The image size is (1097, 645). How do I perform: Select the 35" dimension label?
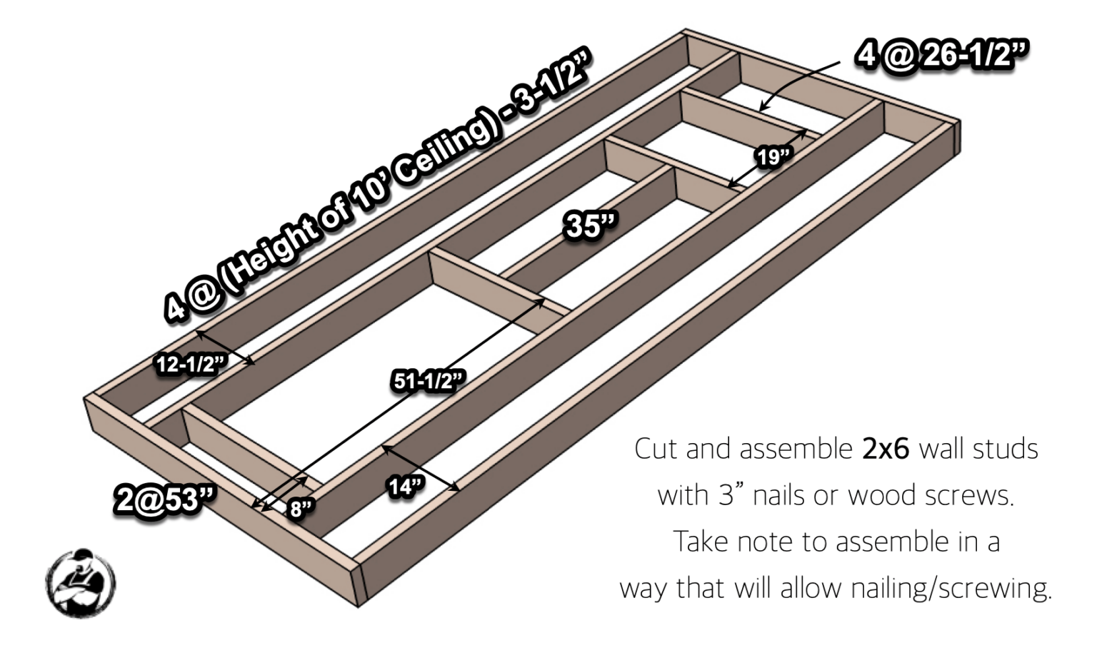590,225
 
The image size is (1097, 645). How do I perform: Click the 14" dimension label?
406,487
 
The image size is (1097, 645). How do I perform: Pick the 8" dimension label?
301,509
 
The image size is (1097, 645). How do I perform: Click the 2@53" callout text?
165,499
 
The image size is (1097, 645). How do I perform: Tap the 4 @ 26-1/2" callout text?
942,54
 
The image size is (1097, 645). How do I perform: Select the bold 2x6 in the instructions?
886,449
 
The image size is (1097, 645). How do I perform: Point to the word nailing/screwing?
951,589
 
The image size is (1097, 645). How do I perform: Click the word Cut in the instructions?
656,449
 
